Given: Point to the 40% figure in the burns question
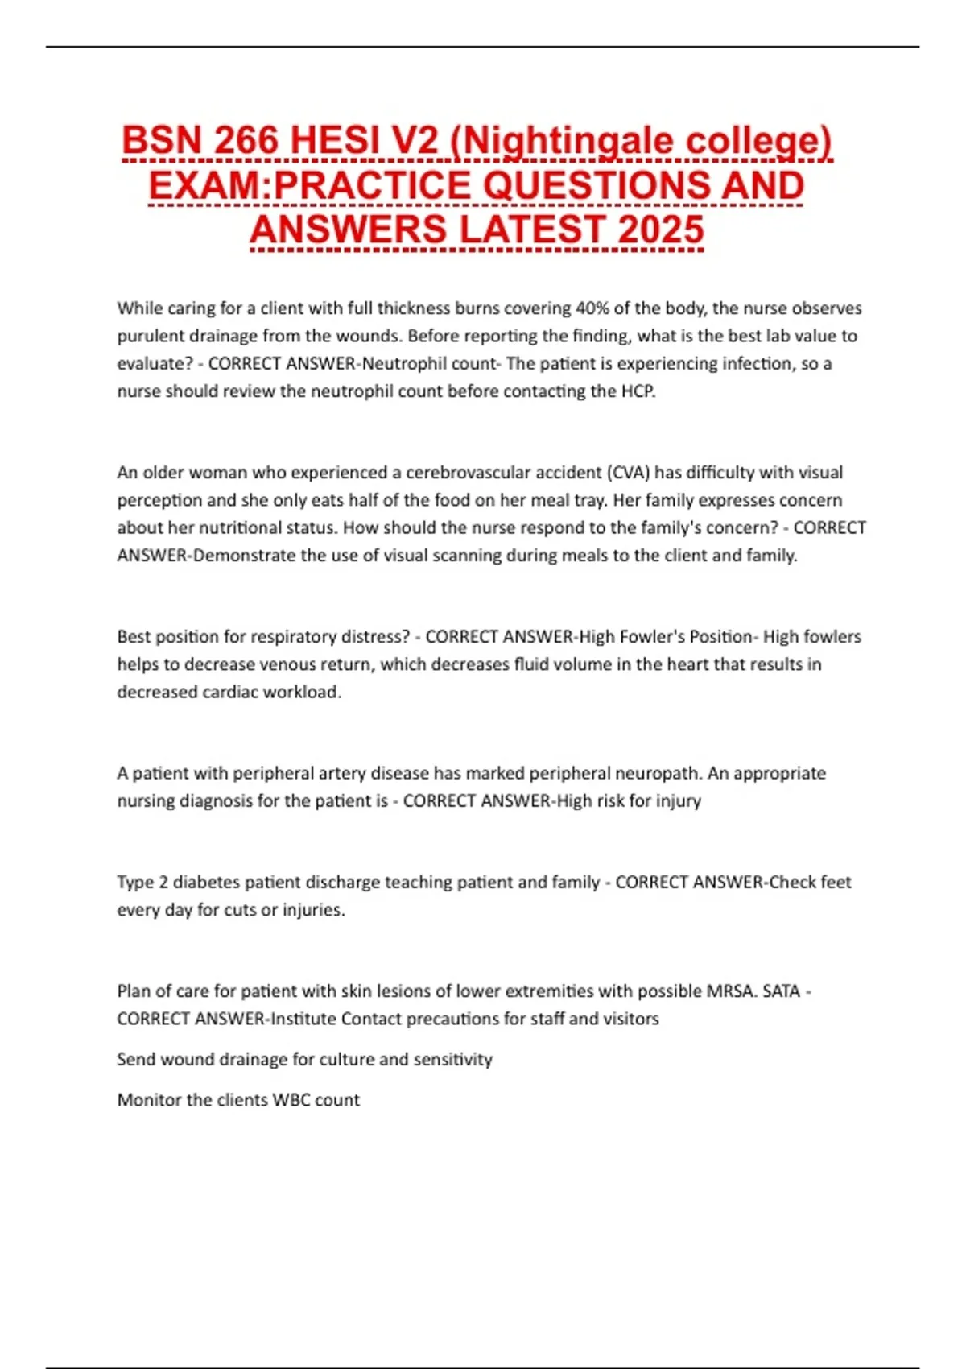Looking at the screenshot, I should [x=592, y=308].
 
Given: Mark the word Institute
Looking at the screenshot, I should [x=303, y=1019].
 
